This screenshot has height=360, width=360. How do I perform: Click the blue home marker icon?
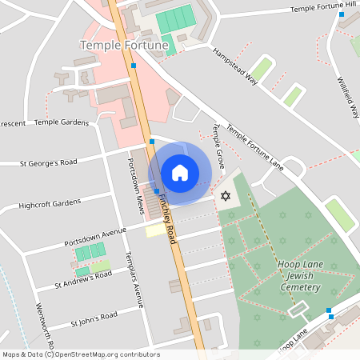tap(180, 173)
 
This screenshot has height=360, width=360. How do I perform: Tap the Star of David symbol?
tap(225, 196)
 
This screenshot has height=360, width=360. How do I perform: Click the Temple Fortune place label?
tap(124, 46)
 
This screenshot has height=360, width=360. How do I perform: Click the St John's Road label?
tap(94, 319)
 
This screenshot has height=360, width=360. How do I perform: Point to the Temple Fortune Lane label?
tap(254, 147)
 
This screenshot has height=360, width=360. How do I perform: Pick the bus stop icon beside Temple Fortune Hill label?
tap(342, 14)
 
